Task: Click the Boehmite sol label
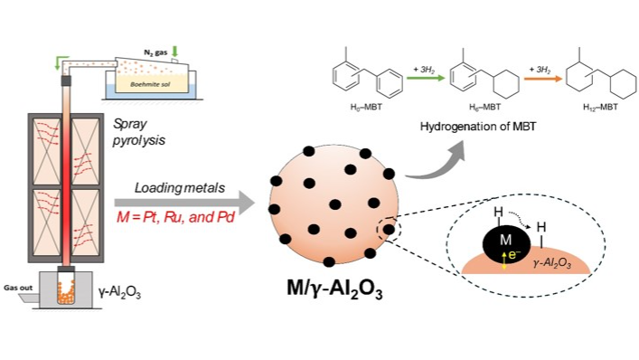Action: point(150,84)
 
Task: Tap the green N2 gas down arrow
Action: point(175,52)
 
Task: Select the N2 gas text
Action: point(155,52)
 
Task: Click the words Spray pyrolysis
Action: point(139,132)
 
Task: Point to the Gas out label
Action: point(18,288)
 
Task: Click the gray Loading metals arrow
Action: point(184,203)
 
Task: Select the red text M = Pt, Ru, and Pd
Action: point(175,217)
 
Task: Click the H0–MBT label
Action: point(366,108)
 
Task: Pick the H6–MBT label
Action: point(484,108)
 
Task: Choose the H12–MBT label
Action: point(600,108)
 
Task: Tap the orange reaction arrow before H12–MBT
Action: point(543,79)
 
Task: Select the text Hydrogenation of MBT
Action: point(478,127)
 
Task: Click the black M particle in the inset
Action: point(506,243)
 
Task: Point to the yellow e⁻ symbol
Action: point(514,256)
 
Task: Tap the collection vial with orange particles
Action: point(66,289)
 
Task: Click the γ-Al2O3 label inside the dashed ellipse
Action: point(552,263)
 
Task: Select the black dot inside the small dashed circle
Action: point(390,230)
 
